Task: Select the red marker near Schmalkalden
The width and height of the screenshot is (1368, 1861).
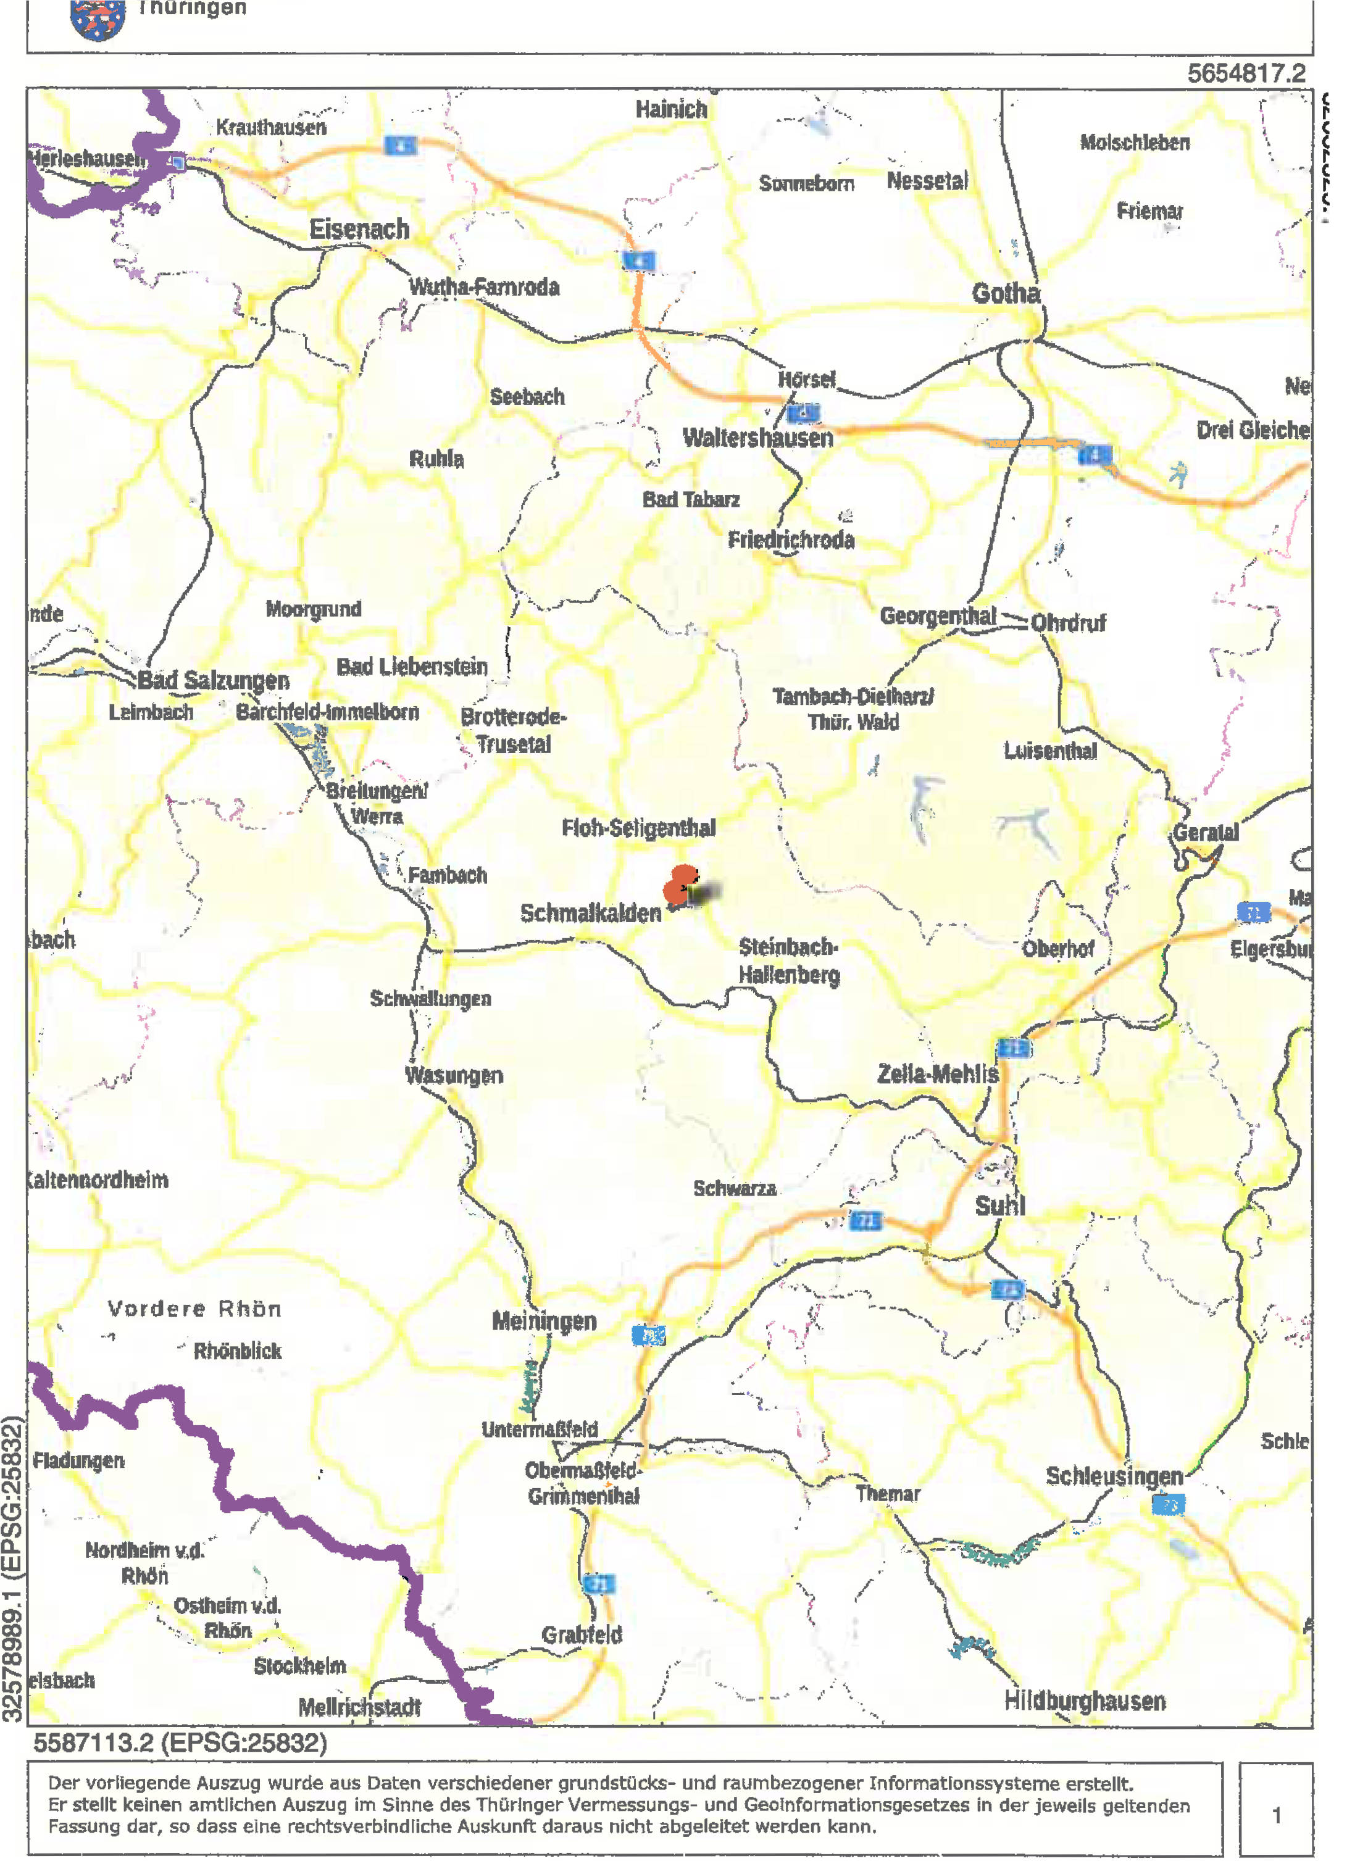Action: pos(681,884)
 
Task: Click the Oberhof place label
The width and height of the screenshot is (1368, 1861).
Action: pos(1057,949)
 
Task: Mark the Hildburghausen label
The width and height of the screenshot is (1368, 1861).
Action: pos(1085,1701)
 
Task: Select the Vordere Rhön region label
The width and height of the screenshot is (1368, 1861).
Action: pos(194,1309)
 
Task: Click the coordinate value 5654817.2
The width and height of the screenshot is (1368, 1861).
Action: pos(1246,73)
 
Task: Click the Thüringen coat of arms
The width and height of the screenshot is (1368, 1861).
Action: pos(98,19)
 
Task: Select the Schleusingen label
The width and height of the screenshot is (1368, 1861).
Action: pos(1114,1476)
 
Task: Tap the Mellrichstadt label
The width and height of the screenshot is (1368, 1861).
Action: pos(359,1707)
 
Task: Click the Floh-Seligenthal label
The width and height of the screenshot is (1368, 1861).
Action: pos(638,828)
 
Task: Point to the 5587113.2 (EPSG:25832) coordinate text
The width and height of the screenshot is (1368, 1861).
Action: pos(180,1744)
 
